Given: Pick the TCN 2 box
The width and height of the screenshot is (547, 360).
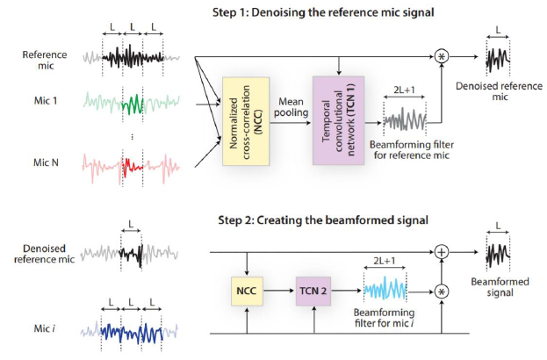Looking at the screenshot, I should tap(314, 287).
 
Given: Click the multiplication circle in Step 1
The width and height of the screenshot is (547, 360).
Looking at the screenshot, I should tap(441, 55).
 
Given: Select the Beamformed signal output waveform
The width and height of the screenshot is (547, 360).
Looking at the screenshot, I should tap(498, 256).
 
